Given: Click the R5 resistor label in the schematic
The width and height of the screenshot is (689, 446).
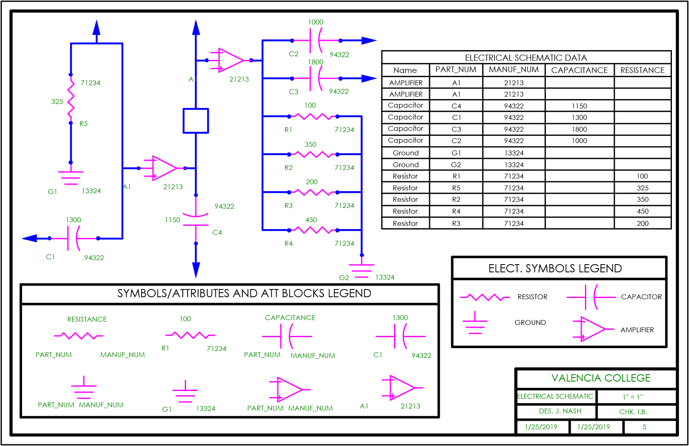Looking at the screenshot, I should (x=84, y=124).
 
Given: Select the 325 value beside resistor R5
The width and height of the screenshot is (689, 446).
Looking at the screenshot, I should (x=57, y=102).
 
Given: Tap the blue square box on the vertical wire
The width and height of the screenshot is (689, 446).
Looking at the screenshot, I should (x=196, y=121).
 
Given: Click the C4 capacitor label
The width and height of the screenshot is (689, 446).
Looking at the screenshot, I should (x=217, y=232).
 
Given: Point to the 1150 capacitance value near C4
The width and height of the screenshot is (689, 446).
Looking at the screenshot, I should (x=173, y=220).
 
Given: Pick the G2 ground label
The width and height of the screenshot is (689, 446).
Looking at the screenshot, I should (x=344, y=277).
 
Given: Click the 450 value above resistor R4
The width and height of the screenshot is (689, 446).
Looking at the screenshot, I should (x=311, y=220).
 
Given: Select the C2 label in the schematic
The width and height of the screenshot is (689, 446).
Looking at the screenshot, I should (x=294, y=54).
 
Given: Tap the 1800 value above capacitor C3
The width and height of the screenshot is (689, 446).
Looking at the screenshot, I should (x=316, y=62).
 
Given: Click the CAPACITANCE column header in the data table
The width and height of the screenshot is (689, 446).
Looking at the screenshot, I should (x=579, y=70).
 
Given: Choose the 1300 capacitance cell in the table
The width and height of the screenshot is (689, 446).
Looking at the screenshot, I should (x=579, y=117).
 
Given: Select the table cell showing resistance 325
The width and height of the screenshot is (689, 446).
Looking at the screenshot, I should (x=642, y=188).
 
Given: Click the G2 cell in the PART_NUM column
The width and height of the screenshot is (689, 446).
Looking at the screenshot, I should (x=456, y=165).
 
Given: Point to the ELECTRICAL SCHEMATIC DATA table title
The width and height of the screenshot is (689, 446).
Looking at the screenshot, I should (x=526, y=57).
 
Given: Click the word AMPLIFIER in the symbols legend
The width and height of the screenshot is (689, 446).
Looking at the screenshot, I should (x=637, y=330).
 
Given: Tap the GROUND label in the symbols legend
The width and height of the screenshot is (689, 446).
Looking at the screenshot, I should (x=530, y=322).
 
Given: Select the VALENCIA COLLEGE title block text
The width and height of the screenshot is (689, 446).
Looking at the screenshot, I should (x=601, y=378).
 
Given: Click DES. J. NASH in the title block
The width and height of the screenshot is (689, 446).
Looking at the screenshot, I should (x=560, y=411).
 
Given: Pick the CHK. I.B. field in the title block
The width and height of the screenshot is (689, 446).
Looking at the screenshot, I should (x=633, y=412).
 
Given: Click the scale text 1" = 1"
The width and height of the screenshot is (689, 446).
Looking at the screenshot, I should (x=633, y=397).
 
